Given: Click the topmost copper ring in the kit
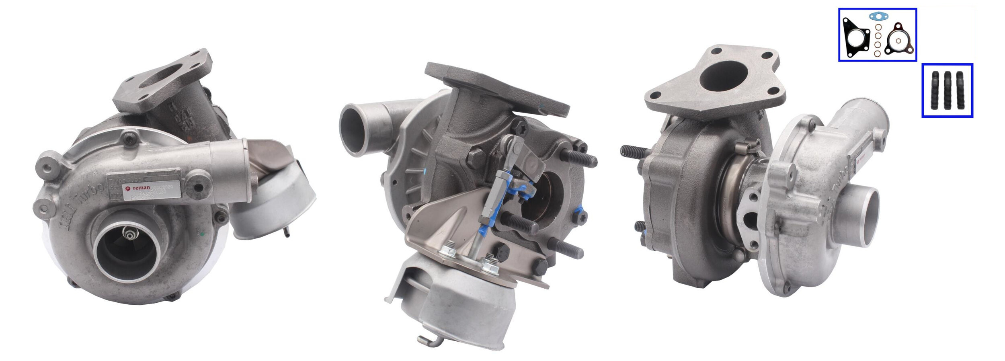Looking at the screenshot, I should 878,27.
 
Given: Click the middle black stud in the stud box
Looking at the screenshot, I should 948,90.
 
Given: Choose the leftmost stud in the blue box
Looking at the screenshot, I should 935,90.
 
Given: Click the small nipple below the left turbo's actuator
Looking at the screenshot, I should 287,232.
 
